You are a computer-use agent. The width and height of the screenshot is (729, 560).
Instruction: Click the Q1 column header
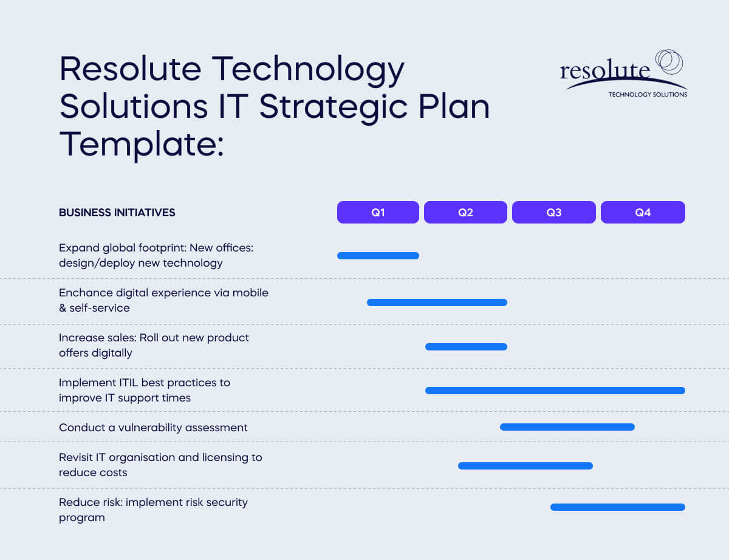[x=378, y=213]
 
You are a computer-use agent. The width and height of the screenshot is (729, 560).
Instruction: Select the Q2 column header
[x=465, y=213]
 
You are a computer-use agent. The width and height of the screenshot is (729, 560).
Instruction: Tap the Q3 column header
[x=553, y=213]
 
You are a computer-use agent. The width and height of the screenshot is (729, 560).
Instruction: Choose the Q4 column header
[x=643, y=213]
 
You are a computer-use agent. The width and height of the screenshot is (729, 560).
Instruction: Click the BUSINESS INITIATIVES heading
[x=117, y=213]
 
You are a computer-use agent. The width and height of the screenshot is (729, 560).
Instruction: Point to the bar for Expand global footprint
[x=378, y=256]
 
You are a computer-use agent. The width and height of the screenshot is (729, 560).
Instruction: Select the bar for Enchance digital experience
[x=437, y=302]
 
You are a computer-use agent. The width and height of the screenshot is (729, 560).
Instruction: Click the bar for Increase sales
[x=466, y=347]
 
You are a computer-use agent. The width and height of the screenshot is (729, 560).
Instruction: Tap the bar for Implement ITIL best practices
[x=555, y=391]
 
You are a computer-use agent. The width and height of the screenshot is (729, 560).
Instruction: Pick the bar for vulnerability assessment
[x=567, y=427]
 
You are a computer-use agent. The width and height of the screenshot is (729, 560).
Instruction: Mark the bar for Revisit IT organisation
[x=525, y=466]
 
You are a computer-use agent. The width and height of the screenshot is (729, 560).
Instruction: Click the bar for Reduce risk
[x=617, y=507]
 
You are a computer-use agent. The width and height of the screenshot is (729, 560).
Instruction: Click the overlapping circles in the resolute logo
[x=668, y=62]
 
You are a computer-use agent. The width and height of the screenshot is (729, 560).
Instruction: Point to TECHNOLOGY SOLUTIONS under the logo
[x=648, y=95]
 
